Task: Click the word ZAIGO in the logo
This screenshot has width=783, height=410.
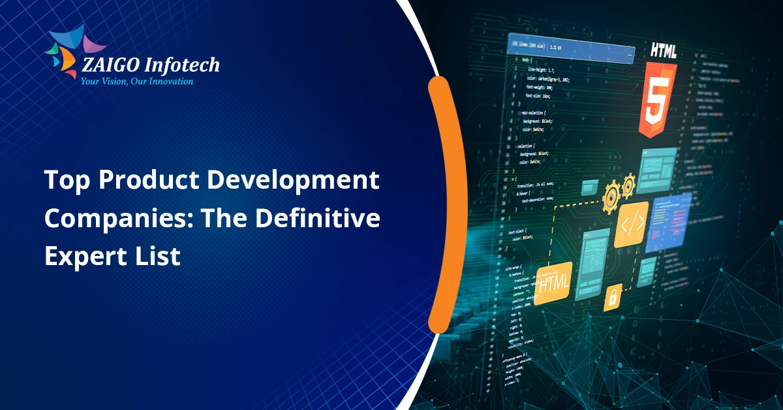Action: (108, 65)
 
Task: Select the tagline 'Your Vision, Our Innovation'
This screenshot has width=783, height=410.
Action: (136, 82)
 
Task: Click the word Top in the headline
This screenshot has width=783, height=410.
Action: (63, 180)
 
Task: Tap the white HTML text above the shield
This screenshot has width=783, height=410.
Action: (663, 50)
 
